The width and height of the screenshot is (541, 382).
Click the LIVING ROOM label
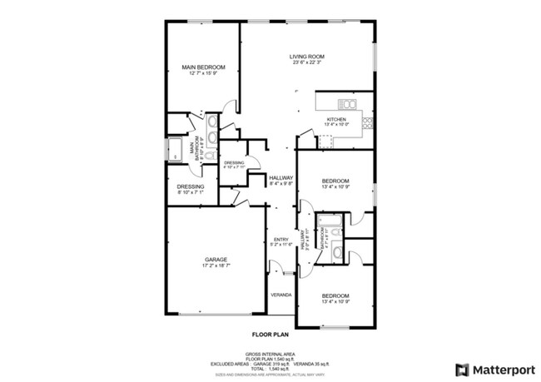(306, 57)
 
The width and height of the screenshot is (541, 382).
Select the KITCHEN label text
(336, 120)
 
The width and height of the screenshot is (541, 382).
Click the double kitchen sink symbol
(348, 104)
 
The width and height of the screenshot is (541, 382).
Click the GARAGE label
(216, 259)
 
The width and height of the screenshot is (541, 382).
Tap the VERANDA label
(280, 295)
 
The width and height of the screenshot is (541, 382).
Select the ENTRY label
(280, 241)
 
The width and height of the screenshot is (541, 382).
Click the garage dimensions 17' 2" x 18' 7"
(216, 265)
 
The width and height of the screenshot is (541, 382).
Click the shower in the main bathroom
(176, 151)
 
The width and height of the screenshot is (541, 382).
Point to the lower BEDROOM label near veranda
(335, 295)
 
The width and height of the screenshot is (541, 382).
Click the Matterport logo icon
(461, 368)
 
